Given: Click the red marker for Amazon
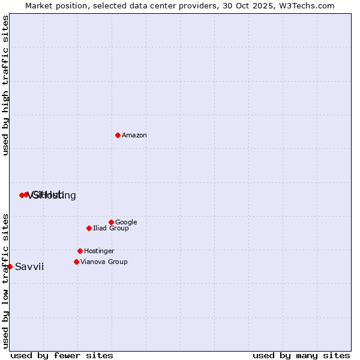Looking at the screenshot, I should (x=118, y=135).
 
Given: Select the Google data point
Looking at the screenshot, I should (x=111, y=222).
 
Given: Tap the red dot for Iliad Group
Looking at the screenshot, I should (x=89, y=228).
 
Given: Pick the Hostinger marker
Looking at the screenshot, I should (x=80, y=251).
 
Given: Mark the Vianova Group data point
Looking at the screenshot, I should (x=76, y=262).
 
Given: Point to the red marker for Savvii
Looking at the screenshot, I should (x=10, y=266).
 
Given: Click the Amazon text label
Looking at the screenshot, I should (x=134, y=136).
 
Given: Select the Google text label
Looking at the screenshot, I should (x=126, y=223).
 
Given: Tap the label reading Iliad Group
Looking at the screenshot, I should (x=111, y=229).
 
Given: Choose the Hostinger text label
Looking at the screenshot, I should (x=99, y=251).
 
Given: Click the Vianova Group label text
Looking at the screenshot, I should (x=104, y=262).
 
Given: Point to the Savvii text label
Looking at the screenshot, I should (x=29, y=267).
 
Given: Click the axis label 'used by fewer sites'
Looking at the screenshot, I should (x=62, y=356).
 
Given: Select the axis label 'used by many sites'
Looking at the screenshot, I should (x=301, y=356).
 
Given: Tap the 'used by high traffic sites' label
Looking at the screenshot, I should (x=5, y=85).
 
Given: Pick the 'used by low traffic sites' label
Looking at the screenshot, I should (x=5, y=281).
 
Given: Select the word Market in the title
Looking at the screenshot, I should (x=39, y=5).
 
